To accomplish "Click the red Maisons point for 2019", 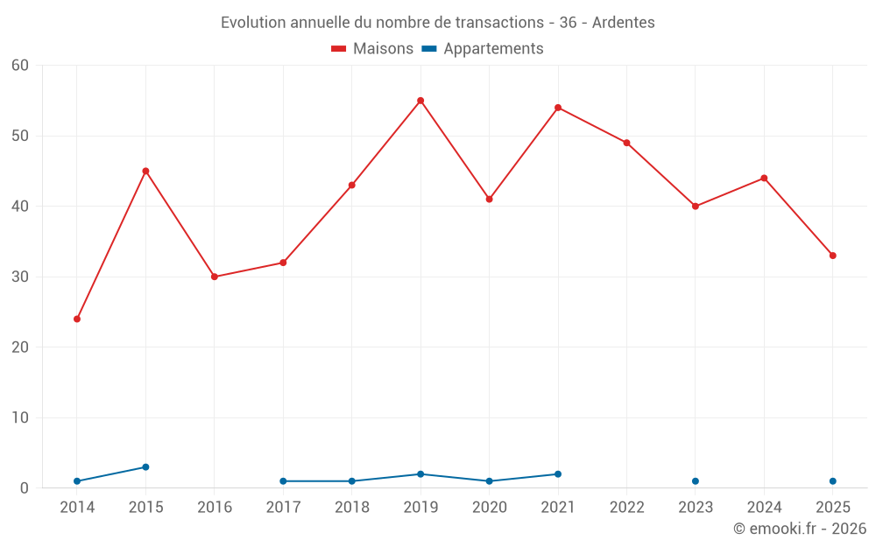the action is pos(420,101).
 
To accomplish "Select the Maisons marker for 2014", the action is pos(77,319).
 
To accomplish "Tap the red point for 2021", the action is pos(558,108).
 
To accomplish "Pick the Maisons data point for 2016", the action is pos(215,277).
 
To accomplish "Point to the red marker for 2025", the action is pos(833,256).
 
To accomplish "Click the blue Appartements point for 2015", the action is pos(145,467).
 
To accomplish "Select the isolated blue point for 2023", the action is pos(696,481).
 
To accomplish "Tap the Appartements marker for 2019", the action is pos(420,474).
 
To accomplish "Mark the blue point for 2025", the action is pos(833,481).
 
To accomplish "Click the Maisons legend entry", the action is pos(372,48).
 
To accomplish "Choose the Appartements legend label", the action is pos(493,48).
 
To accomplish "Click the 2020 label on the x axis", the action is pos(490,508).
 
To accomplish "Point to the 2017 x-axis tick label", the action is pos(283,508).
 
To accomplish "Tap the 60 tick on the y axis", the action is pos(20,66).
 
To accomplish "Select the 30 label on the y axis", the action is pos(20,277).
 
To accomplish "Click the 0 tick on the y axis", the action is pos(24,488).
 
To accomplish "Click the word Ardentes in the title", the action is pos(624,23).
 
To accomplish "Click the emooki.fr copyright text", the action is pos(800,528).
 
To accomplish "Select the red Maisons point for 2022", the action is pos(627,143).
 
